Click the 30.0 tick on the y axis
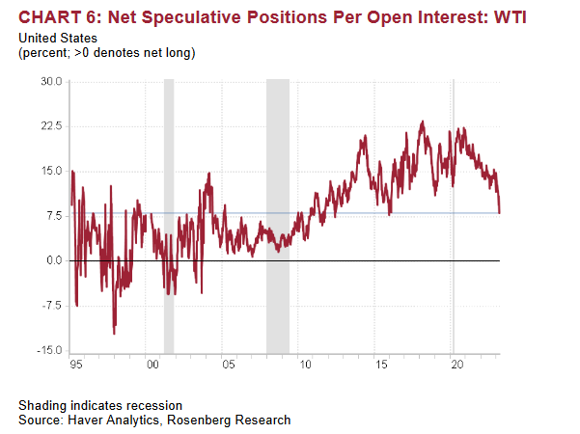tap(51, 82)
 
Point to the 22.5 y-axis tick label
tap(51, 126)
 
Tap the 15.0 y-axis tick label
tap(51, 172)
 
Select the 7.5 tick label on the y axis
tap(54, 216)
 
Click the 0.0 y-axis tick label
tap(54, 260)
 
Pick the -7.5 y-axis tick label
tap(52, 306)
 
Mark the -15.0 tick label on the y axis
tap(49, 350)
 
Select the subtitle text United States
tap(56, 38)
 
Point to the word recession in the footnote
tap(154, 405)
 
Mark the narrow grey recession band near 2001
tap(169, 216)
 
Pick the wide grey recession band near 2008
tap(278, 216)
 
